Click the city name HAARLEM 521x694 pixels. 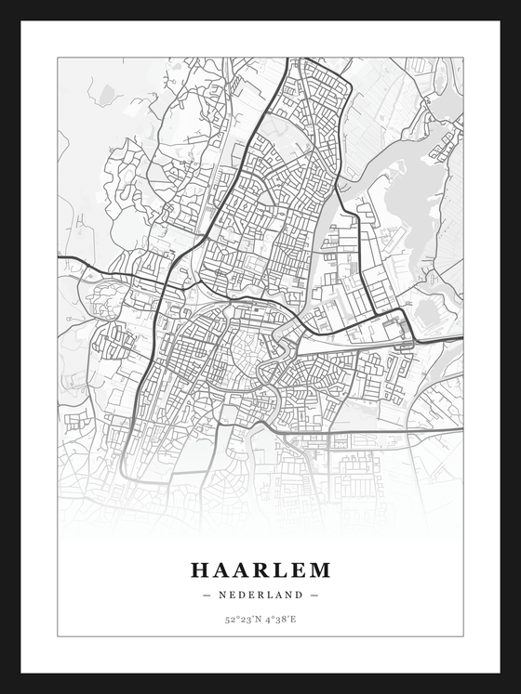[x=260, y=570]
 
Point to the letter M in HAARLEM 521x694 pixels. [x=319, y=570]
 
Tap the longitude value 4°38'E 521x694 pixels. [x=281, y=619]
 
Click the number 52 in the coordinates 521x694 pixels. [x=229, y=619]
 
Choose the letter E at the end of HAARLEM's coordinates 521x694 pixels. [x=294, y=619]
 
